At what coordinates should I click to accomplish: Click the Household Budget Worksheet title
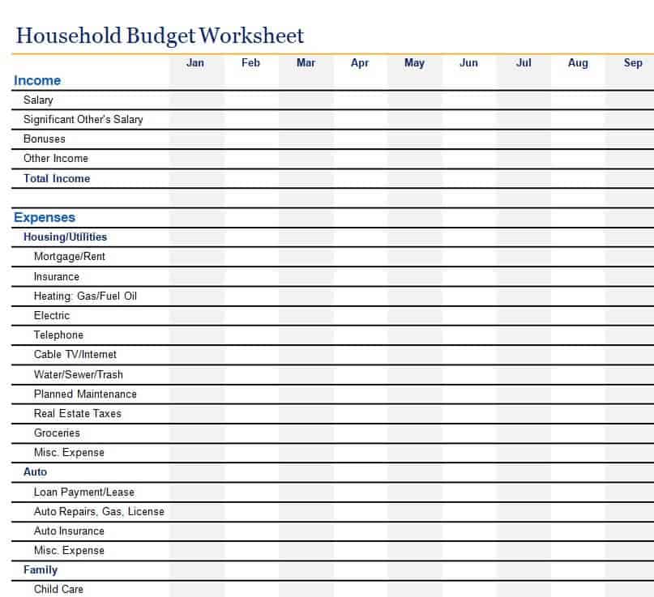[x=160, y=36]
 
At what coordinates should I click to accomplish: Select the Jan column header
[x=195, y=63]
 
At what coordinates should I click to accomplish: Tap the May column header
[x=414, y=63]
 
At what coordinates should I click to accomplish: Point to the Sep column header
[x=633, y=63]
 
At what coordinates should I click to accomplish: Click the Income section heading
[x=37, y=80]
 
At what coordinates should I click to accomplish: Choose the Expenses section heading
[x=45, y=217]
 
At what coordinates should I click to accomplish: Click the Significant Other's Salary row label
[x=83, y=119]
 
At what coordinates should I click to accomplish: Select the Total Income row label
[x=57, y=178]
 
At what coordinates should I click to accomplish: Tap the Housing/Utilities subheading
[x=65, y=237]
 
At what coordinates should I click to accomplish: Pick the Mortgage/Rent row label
[x=70, y=257]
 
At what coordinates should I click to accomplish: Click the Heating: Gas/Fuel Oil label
[x=85, y=296]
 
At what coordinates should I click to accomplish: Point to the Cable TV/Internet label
[x=75, y=355]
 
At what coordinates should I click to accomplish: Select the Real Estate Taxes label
[x=78, y=413]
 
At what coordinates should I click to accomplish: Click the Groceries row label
[x=57, y=433]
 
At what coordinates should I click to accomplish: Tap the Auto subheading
[x=35, y=471]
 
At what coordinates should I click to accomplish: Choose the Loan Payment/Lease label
[x=84, y=492]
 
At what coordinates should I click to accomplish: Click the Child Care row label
[x=58, y=589]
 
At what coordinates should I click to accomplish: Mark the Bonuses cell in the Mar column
[x=306, y=139]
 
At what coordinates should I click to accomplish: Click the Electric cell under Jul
[x=524, y=316]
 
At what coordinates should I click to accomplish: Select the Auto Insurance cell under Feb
[x=251, y=531]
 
